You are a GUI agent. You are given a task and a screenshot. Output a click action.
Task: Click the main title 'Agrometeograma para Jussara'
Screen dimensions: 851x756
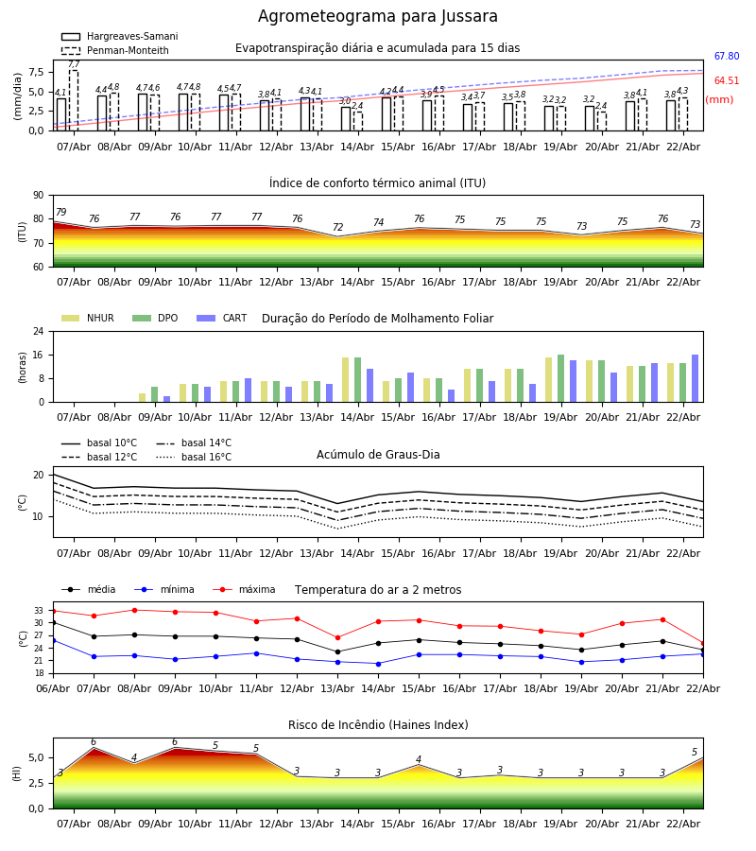(378, 17)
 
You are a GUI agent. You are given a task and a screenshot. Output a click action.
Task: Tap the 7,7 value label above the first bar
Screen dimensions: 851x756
(74, 64)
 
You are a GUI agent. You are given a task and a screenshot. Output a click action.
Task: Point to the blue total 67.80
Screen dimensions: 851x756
(726, 57)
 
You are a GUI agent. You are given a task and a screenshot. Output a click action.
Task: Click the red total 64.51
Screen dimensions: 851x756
(726, 81)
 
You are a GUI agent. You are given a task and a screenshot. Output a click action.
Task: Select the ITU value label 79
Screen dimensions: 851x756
(60, 213)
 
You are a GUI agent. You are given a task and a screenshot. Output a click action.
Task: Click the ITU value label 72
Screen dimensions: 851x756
(337, 228)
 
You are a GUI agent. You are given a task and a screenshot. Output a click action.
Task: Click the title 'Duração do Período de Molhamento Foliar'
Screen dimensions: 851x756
(377, 319)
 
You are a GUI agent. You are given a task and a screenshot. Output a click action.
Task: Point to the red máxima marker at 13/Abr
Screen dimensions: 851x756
(337, 637)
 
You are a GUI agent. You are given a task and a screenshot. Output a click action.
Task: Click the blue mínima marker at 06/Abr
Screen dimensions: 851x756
(53, 640)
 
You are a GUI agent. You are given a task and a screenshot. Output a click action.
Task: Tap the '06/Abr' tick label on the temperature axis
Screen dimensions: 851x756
(53, 687)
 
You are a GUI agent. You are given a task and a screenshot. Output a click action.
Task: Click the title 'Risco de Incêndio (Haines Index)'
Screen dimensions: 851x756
(377, 725)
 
